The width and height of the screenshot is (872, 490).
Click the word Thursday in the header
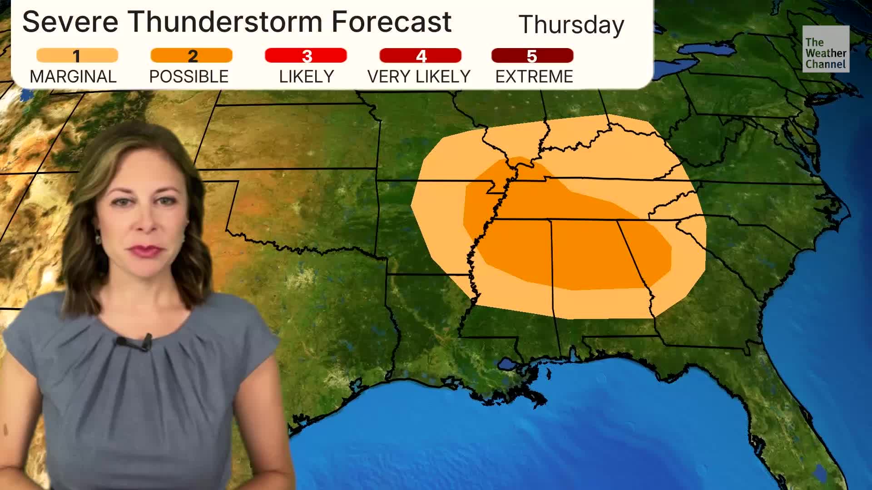tap(571, 24)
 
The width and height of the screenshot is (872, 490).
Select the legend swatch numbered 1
tap(77, 56)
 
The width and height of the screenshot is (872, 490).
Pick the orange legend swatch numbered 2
tap(192, 56)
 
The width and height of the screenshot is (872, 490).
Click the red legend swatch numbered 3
tap(306, 56)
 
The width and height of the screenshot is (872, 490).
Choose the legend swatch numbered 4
tap(421, 56)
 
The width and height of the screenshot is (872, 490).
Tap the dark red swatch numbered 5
tap(532, 56)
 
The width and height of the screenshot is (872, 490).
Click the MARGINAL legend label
tap(73, 77)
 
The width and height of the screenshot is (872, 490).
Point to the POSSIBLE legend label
tap(189, 77)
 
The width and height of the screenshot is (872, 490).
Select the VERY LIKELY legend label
tap(419, 77)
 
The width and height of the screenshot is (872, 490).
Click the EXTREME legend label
tap(534, 77)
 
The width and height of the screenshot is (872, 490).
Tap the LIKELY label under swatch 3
tap(307, 77)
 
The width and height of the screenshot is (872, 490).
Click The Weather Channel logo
tap(826, 49)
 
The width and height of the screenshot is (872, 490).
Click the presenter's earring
tap(98, 238)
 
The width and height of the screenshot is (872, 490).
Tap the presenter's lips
tap(146, 250)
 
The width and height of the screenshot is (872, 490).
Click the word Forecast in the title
tap(391, 22)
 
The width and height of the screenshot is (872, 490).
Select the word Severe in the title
tap(70, 22)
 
